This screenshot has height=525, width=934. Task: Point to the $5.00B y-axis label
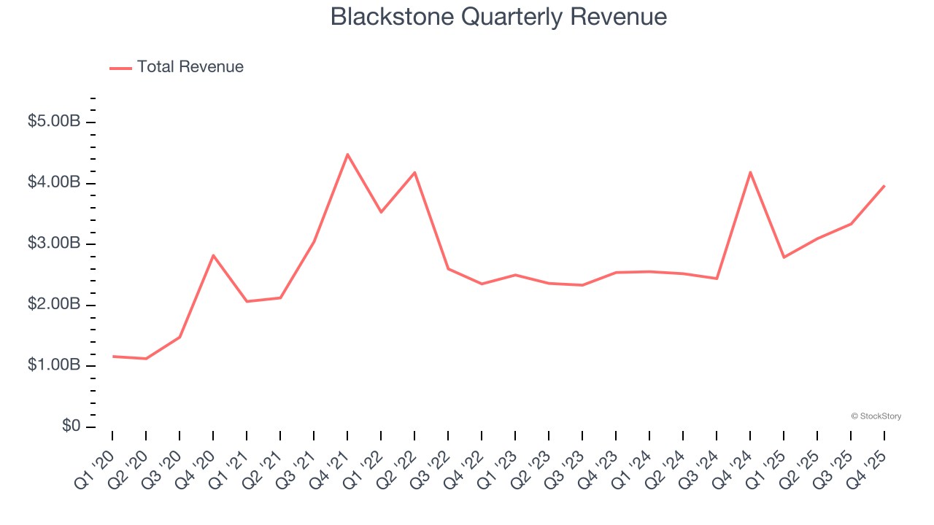[54, 121]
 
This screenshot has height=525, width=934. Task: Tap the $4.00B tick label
[54, 182]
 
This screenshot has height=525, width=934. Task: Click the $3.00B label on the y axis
[54, 243]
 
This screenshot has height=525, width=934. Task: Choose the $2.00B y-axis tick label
[54, 304]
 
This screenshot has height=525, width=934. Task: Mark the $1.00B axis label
[54, 365]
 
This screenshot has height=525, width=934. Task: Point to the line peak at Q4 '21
[347, 154]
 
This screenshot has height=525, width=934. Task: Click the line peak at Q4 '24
[750, 172]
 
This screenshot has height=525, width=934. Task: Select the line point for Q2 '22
[414, 172]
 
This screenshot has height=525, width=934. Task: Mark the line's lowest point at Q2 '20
[146, 359]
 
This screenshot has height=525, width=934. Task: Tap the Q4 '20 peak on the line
[213, 255]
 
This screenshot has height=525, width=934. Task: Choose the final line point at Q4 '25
[884, 186]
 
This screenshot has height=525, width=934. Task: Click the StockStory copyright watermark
[876, 416]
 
